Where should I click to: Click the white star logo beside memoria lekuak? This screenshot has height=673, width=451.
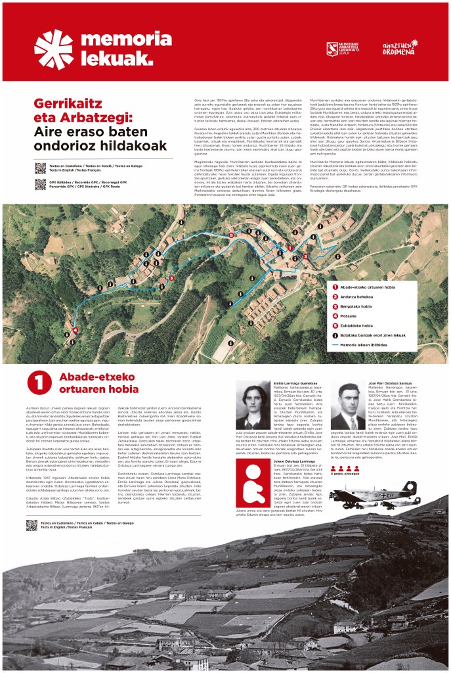pyautogui.click(x=54, y=49)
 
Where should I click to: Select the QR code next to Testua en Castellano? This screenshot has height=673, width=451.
pyautogui.click(x=40, y=168)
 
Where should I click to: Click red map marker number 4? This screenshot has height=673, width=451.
pyautogui.click(x=75, y=330)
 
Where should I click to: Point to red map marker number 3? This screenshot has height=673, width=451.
pyautogui.click(x=171, y=278)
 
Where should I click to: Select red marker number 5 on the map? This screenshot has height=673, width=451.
pyautogui.click(x=230, y=234)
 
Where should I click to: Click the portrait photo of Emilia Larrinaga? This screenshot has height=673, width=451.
pyautogui.click(x=253, y=406)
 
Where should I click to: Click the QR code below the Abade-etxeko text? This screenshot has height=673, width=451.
pyautogui.click(x=32, y=524)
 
